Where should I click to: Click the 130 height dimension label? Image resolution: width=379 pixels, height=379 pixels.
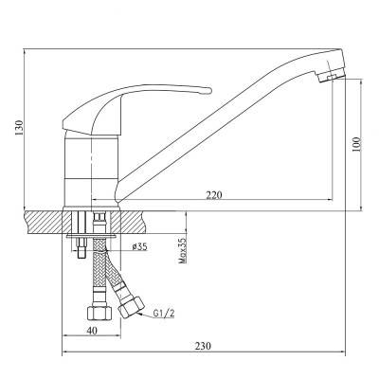pos(20,128)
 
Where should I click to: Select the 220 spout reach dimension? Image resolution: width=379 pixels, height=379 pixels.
pos(214,195)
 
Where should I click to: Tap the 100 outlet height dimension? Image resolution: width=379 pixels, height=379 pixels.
pos(356,144)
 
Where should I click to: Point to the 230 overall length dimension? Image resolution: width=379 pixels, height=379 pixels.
pos(203,346)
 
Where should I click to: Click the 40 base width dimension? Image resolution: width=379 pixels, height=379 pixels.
pos(92,331)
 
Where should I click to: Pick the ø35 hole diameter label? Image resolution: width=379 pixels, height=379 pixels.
pos(139,246)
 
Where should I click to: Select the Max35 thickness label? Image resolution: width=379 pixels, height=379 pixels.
pos(183,251)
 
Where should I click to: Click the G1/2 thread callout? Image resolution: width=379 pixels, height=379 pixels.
pos(164,314)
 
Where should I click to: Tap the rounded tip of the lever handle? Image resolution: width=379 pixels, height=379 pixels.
pos(208,91)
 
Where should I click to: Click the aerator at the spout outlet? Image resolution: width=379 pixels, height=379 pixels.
pos(332,76)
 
